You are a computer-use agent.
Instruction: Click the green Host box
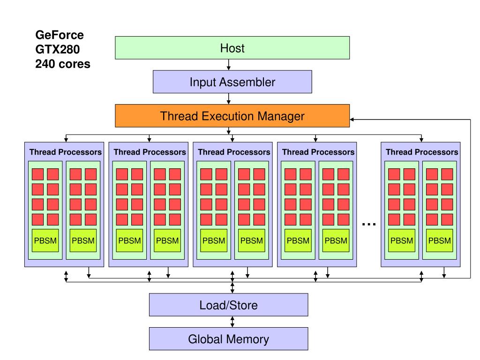tap(232, 48)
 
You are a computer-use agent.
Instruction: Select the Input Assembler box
tap(232, 82)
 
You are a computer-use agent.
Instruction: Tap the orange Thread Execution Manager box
tap(232, 116)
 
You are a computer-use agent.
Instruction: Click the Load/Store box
tap(228, 305)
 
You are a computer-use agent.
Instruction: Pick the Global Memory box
tap(228, 339)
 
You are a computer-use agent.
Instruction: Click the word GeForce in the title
tap(60, 35)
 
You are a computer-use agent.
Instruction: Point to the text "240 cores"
tap(63, 63)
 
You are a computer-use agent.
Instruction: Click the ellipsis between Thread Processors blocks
tap(369, 224)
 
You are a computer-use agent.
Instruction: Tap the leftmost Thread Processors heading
tap(65, 152)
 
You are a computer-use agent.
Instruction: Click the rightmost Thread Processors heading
tap(422, 152)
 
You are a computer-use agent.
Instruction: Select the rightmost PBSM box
tap(439, 240)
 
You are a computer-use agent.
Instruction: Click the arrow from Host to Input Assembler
tap(228, 65)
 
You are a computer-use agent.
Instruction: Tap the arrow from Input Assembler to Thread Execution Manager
tap(228, 98)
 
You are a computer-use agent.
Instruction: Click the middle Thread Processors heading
tap(234, 152)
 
